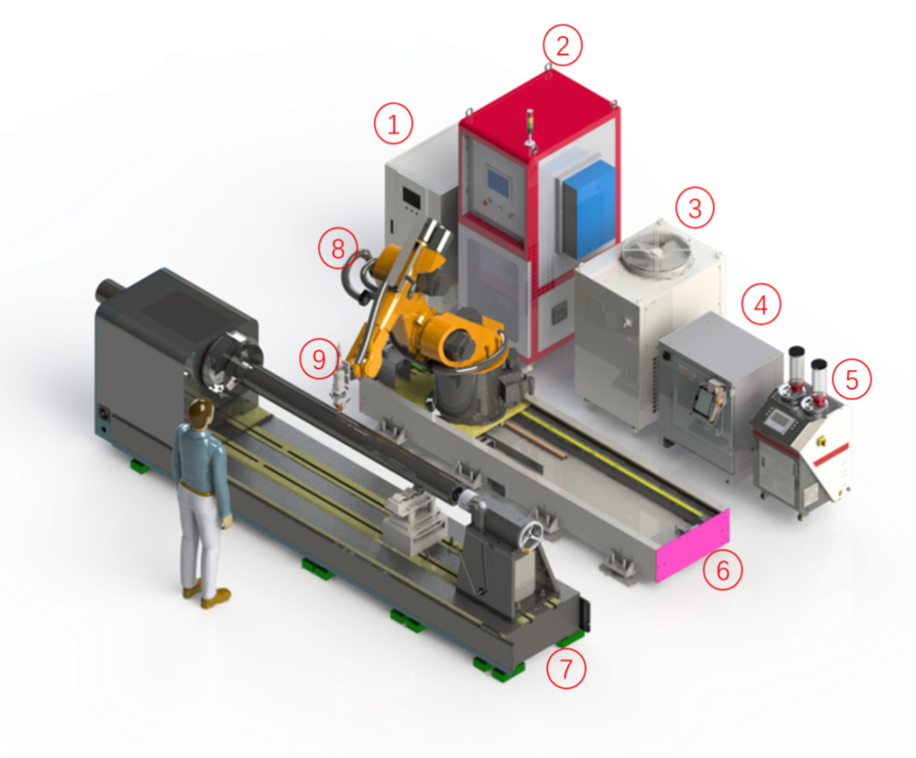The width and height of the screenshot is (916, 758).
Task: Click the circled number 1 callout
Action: pyautogui.click(x=394, y=124)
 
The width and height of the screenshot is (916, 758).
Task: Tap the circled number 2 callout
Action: pyautogui.click(x=562, y=45)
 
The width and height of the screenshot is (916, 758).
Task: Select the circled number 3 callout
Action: pyautogui.click(x=695, y=207)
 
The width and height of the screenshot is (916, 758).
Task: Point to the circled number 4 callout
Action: pyautogui.click(x=761, y=304)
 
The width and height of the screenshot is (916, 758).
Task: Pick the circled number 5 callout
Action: pyautogui.click(x=852, y=380)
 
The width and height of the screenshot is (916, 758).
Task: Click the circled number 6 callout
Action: pyautogui.click(x=723, y=570)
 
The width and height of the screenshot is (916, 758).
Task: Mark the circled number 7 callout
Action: pyautogui.click(x=566, y=668)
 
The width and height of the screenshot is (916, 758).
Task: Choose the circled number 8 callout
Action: pyautogui.click(x=338, y=249)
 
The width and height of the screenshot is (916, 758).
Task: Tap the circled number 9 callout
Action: pyautogui.click(x=319, y=358)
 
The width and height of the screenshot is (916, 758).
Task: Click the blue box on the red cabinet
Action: pyautogui.click(x=589, y=209)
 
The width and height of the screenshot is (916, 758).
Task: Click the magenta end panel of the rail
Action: pyautogui.click(x=694, y=545)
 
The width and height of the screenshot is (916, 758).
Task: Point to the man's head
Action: pyautogui.click(x=200, y=412)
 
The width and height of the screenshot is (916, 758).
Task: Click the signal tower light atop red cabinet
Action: pyautogui.click(x=530, y=126)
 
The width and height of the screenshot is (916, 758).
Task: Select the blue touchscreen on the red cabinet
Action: pyautogui.click(x=499, y=181)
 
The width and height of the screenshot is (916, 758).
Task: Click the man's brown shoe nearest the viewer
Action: pyautogui.click(x=216, y=598)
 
